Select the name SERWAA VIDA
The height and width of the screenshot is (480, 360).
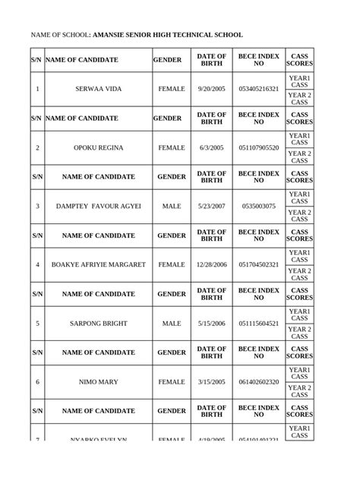tap(99, 89)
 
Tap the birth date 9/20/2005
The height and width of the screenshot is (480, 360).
tap(212, 89)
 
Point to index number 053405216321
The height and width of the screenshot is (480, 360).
tap(258, 89)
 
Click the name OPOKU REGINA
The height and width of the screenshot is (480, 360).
tap(99, 147)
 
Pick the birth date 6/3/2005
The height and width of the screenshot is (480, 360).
tap(212, 147)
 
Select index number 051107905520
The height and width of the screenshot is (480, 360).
tap(258, 147)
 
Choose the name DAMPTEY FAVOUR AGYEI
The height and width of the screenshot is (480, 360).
tap(99, 206)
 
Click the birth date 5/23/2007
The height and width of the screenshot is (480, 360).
tap(212, 206)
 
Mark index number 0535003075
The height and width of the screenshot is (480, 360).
tap(258, 206)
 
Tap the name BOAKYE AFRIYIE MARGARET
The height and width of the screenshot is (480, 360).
tap(99, 264)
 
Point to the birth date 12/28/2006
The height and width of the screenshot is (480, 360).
tap(212, 264)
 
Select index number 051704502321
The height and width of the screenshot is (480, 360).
tap(258, 264)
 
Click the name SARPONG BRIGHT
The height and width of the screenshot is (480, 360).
tap(99, 323)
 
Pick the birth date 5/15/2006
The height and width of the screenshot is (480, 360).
tap(212, 323)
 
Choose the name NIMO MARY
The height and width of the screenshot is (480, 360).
tap(99, 381)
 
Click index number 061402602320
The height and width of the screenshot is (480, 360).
tap(258, 381)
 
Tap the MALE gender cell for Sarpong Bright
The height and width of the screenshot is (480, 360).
tap(172, 323)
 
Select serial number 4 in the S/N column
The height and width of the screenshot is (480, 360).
tap(37, 264)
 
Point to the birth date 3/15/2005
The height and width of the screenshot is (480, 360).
tap(212, 381)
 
